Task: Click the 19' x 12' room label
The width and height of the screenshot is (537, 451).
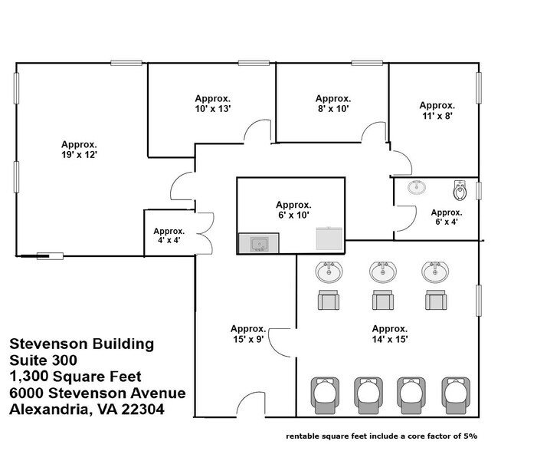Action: [x=80, y=149]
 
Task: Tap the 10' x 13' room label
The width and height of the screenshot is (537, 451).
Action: [x=212, y=104]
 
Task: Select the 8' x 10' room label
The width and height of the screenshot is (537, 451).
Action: [x=332, y=104]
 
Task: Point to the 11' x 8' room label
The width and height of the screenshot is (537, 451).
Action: [x=437, y=110]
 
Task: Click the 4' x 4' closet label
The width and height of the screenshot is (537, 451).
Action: [x=169, y=235]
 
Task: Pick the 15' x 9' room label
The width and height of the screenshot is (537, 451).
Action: [x=247, y=334]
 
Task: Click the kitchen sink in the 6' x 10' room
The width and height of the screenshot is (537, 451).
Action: [x=259, y=244]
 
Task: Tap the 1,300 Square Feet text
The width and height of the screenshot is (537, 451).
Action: [x=76, y=376]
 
